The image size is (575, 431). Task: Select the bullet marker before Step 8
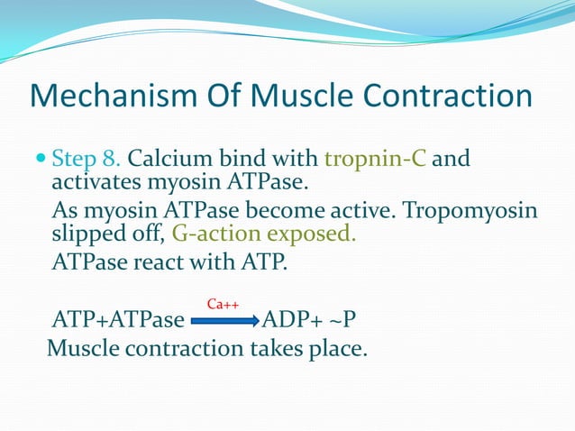39,160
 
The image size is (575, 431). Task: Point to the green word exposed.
312,235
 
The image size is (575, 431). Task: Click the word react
175,262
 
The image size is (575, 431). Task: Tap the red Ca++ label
222,305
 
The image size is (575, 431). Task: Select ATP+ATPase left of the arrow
118,321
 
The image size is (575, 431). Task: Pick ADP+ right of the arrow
298,321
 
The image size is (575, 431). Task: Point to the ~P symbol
351,321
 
